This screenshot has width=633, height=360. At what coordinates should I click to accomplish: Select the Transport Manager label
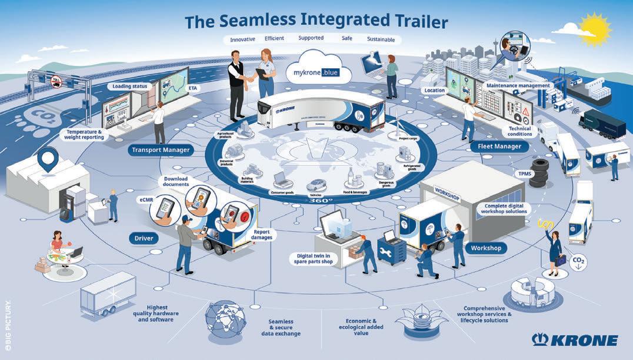[x=161, y=150]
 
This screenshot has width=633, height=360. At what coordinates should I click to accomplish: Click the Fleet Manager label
[x=496, y=146]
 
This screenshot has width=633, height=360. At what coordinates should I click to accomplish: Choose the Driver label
[x=144, y=238]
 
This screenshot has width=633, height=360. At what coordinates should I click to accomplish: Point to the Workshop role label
[x=486, y=248]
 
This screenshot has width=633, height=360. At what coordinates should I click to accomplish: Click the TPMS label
[x=523, y=175]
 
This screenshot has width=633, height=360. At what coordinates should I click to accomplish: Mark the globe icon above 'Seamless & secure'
[x=225, y=319]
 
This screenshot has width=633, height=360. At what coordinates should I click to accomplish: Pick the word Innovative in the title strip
[x=242, y=39]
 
